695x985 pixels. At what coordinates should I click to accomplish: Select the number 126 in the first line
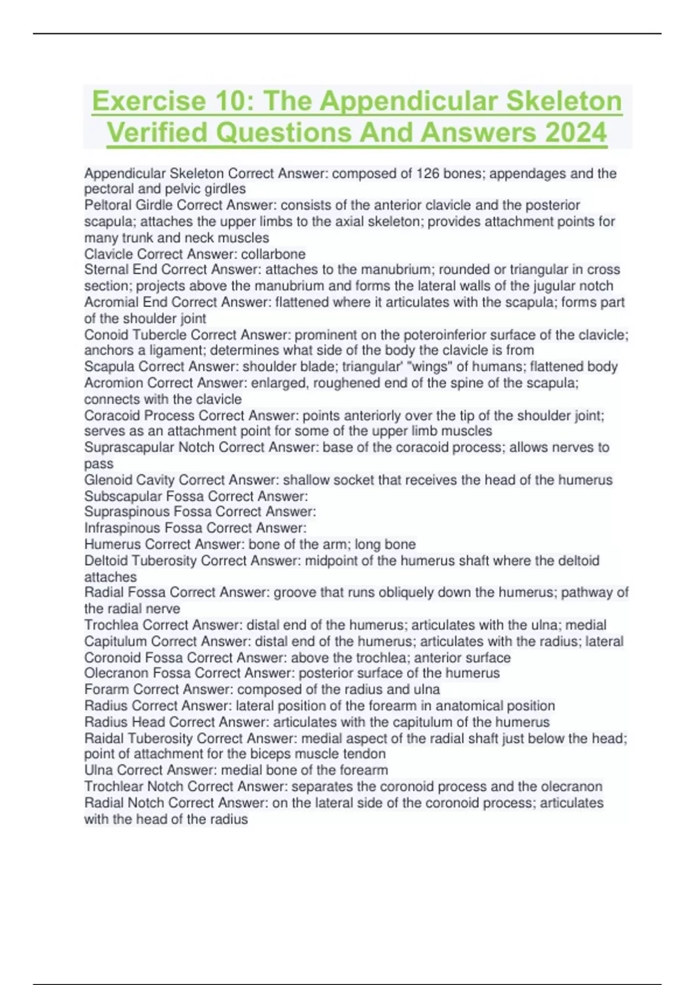pos(428,173)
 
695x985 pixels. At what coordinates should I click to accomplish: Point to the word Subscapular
pos(123,496)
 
